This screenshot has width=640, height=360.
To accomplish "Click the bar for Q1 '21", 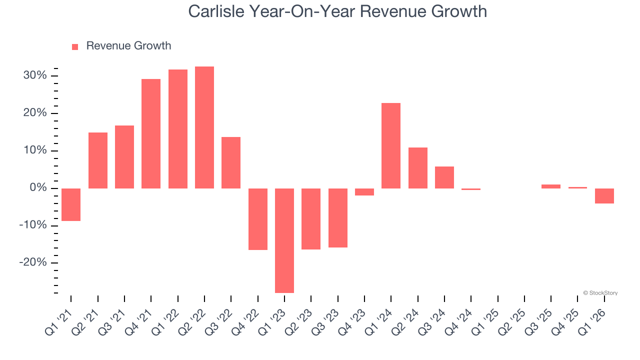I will click(x=71, y=204).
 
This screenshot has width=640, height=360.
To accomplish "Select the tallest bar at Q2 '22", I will click(x=204, y=127).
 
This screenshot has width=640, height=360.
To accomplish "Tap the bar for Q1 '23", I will click(x=284, y=240).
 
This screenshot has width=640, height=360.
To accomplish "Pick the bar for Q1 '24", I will click(x=391, y=145).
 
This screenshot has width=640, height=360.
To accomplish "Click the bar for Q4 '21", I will click(x=151, y=133).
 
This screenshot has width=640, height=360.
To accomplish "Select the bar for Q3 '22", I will click(x=231, y=162).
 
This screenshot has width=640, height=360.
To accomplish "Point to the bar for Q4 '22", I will click(x=258, y=219).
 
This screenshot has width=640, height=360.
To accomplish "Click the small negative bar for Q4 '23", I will click(x=364, y=192).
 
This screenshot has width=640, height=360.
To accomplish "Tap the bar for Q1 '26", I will click(x=604, y=196).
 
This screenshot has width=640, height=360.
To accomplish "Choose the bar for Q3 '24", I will click(x=444, y=177).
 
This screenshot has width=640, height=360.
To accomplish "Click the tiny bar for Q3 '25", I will click(x=551, y=186).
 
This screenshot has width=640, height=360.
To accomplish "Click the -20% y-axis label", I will click(x=33, y=263).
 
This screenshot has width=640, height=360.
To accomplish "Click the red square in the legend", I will click(x=75, y=47).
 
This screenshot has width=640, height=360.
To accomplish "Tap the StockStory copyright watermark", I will click(x=600, y=293).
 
